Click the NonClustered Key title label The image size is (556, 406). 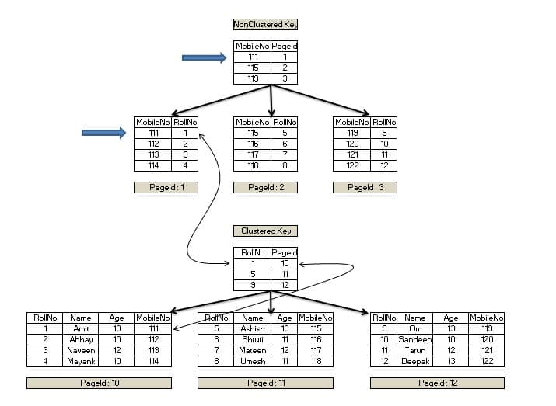(265, 25)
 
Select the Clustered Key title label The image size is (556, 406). (265, 231)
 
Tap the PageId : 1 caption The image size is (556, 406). (166, 187)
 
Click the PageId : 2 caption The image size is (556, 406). (265, 187)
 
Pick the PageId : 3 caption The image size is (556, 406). (365, 187)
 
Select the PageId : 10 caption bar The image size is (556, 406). (99, 383)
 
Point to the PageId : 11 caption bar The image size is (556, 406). (265, 383)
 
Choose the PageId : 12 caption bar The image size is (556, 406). (437, 383)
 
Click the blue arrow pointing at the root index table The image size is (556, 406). (204, 57)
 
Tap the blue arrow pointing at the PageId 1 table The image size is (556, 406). (103, 133)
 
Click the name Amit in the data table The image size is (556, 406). (81, 328)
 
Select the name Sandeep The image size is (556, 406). (414, 339)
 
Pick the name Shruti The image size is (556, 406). (252, 339)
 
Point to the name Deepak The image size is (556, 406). (414, 361)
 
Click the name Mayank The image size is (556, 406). (81, 361)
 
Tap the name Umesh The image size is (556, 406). (252, 361)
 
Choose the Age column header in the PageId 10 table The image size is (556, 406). (116, 318)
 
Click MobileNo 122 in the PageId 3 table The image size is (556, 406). (351, 165)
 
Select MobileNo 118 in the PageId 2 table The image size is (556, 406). (252, 165)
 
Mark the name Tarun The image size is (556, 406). (414, 350)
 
